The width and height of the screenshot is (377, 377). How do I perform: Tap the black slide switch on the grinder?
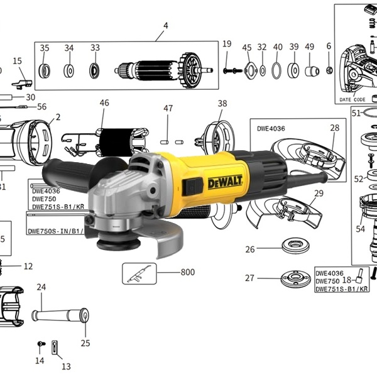coord(193,187)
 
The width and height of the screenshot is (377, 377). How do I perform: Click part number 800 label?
coord(187,272)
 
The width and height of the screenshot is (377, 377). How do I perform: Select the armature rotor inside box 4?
coord(163,70)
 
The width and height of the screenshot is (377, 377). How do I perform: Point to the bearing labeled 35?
coord(44,71)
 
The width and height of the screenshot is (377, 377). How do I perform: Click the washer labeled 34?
coord(68,71)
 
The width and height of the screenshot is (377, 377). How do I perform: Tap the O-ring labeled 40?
coord(276,70)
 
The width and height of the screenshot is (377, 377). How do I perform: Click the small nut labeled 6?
coord(329,70)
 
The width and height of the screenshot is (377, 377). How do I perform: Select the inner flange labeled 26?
coord(296,246)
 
